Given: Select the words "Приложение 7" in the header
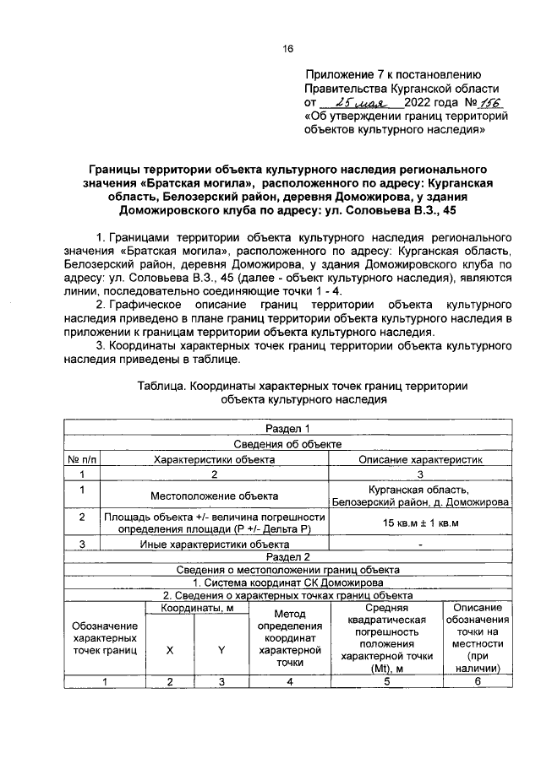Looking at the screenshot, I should pos(342,74).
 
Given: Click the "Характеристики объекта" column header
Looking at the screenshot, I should pos(213,460).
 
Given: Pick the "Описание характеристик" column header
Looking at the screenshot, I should pos(420,460).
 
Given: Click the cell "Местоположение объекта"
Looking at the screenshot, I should pos(213,496).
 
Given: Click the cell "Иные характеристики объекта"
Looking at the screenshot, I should pos(213,545).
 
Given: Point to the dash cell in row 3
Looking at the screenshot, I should pos(420,545).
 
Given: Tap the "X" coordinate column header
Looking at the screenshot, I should pos(169,651).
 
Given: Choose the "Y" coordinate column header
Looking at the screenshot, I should pos(221,651).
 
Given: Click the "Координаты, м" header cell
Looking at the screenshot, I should pos(195,608).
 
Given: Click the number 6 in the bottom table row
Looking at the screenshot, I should pos(477,682).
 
